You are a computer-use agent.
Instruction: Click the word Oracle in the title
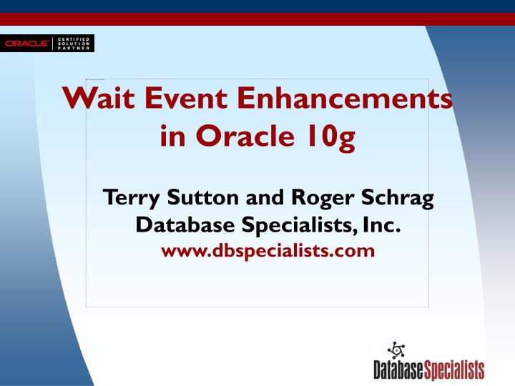tap(240, 134)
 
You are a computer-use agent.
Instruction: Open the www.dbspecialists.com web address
tap(268, 251)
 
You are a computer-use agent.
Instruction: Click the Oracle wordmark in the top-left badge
tap(26, 44)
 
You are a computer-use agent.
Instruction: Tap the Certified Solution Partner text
tap(74, 44)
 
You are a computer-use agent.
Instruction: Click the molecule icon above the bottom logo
tap(395, 350)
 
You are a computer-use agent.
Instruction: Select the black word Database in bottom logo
tap(398, 370)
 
